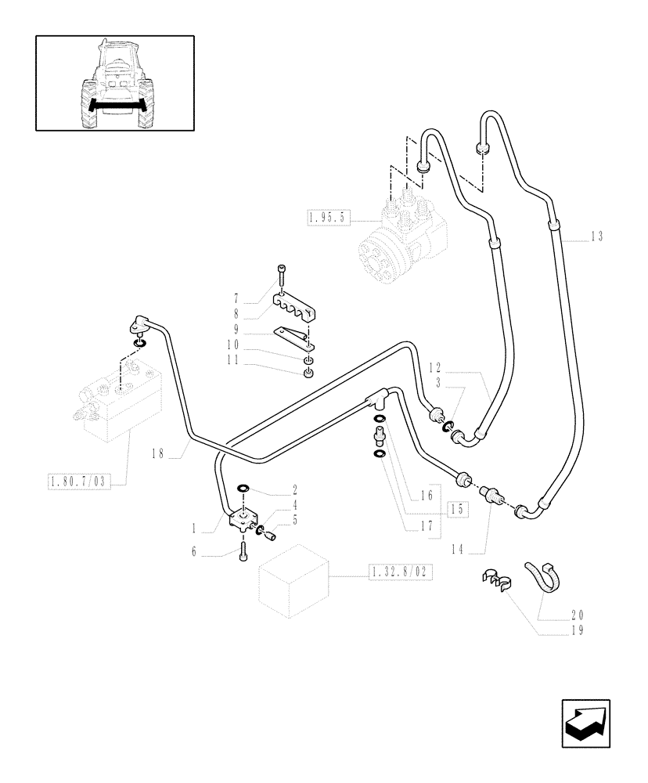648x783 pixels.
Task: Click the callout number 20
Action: pyautogui.click(x=577, y=615)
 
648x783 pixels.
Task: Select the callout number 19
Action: pyautogui.click(x=577, y=629)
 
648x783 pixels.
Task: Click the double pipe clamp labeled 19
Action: pyautogui.click(x=494, y=581)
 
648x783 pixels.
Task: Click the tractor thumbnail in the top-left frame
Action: pyautogui.click(x=115, y=83)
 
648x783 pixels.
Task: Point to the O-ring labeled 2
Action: pyautogui.click(x=243, y=488)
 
